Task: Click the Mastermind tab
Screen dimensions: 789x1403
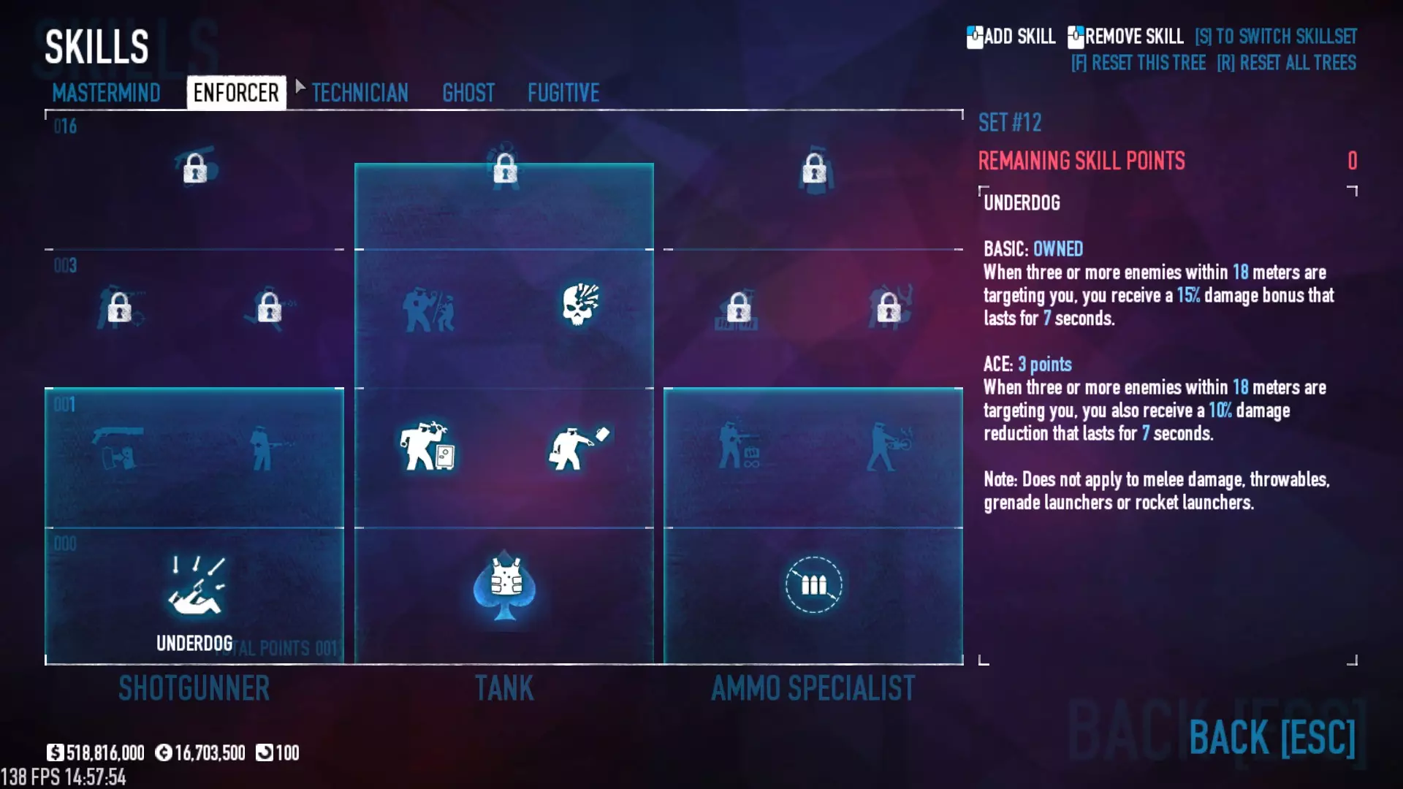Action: point(106,93)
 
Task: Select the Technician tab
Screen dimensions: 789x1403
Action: point(360,93)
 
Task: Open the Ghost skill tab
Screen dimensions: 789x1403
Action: point(468,93)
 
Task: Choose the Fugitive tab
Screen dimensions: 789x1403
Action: point(563,93)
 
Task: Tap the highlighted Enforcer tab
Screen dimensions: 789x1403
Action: point(236,93)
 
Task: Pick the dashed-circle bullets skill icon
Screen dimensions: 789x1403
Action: point(813,585)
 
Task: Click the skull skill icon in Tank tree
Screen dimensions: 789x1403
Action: point(580,304)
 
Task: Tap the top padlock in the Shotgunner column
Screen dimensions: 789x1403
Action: point(195,168)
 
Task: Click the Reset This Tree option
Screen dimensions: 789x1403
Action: point(1138,63)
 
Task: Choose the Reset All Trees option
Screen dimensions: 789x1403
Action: point(1286,63)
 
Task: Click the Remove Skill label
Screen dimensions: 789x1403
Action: point(1133,37)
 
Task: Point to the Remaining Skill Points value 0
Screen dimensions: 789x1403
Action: point(1352,161)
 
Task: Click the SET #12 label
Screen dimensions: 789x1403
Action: point(1010,123)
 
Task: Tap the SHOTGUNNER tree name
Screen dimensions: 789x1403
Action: point(194,688)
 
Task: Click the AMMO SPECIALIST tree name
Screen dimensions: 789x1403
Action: point(813,688)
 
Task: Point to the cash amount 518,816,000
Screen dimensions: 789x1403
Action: point(104,752)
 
